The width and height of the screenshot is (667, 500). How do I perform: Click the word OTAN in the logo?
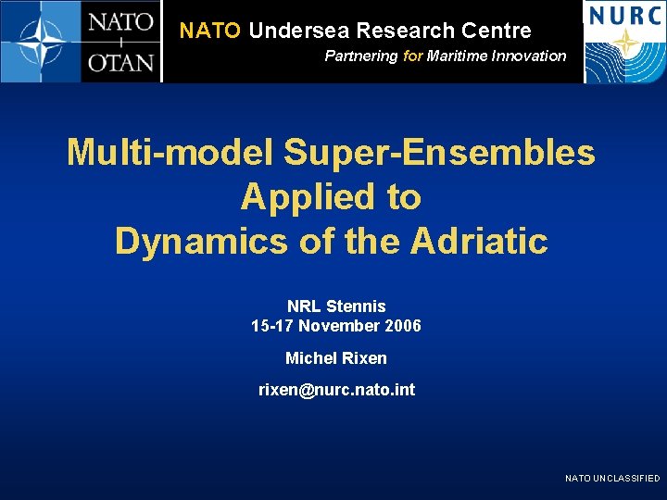[121, 63]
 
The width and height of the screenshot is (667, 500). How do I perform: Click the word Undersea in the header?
[299, 31]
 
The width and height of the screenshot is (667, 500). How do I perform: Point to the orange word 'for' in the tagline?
[413, 56]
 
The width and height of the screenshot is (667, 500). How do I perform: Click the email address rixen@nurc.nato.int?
[336, 390]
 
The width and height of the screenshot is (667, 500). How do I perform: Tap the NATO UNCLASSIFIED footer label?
[612, 478]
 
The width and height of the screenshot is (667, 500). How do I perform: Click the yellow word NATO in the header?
[210, 31]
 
